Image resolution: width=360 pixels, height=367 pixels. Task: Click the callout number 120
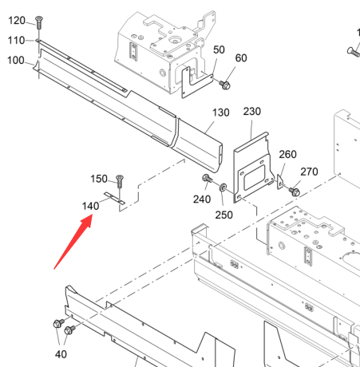click(17, 21)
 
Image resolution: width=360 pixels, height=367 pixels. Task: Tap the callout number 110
click(16, 41)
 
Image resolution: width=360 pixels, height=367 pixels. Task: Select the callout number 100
click(16, 61)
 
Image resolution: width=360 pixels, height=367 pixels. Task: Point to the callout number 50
click(219, 49)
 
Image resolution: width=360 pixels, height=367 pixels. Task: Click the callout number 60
click(241, 58)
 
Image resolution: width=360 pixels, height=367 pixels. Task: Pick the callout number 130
click(221, 112)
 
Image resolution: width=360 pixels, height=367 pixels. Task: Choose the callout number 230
click(252, 112)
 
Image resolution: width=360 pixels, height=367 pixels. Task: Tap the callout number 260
click(287, 154)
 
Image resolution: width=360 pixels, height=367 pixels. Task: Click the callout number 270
click(309, 172)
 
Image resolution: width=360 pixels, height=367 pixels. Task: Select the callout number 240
click(202, 199)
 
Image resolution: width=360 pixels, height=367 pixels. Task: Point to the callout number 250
click(224, 215)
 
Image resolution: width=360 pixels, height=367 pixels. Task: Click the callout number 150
click(99, 179)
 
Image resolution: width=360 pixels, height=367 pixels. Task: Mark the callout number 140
click(90, 206)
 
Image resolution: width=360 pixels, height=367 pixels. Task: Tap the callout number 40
click(61, 354)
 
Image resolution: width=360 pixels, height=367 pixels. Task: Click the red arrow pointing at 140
click(73, 242)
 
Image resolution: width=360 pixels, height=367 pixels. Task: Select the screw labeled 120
click(39, 22)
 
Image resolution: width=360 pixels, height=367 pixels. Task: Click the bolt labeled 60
click(225, 85)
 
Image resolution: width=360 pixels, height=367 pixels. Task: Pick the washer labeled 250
click(223, 187)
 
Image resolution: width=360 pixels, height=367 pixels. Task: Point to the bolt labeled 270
click(295, 191)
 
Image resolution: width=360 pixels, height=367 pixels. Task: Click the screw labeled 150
click(120, 181)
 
